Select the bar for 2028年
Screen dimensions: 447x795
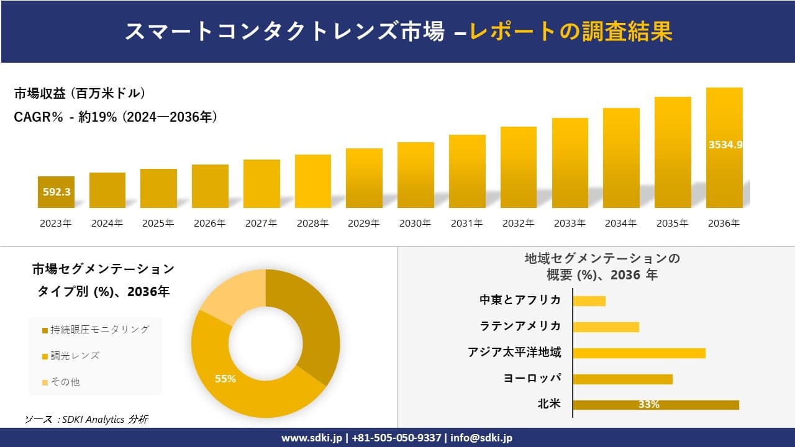312,181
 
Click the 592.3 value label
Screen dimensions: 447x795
57,192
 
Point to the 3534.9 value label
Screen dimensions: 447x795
725,145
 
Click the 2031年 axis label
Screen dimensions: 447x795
466,223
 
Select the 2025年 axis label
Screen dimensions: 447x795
158,223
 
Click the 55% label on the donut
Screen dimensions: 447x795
225,379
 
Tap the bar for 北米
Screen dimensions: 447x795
655,405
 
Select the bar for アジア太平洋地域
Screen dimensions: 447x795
638,353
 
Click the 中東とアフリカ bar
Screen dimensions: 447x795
589,300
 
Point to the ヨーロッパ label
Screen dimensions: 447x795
532,378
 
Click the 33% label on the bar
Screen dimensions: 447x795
648,405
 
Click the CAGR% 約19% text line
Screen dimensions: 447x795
116,117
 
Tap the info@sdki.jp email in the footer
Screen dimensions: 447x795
481,438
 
